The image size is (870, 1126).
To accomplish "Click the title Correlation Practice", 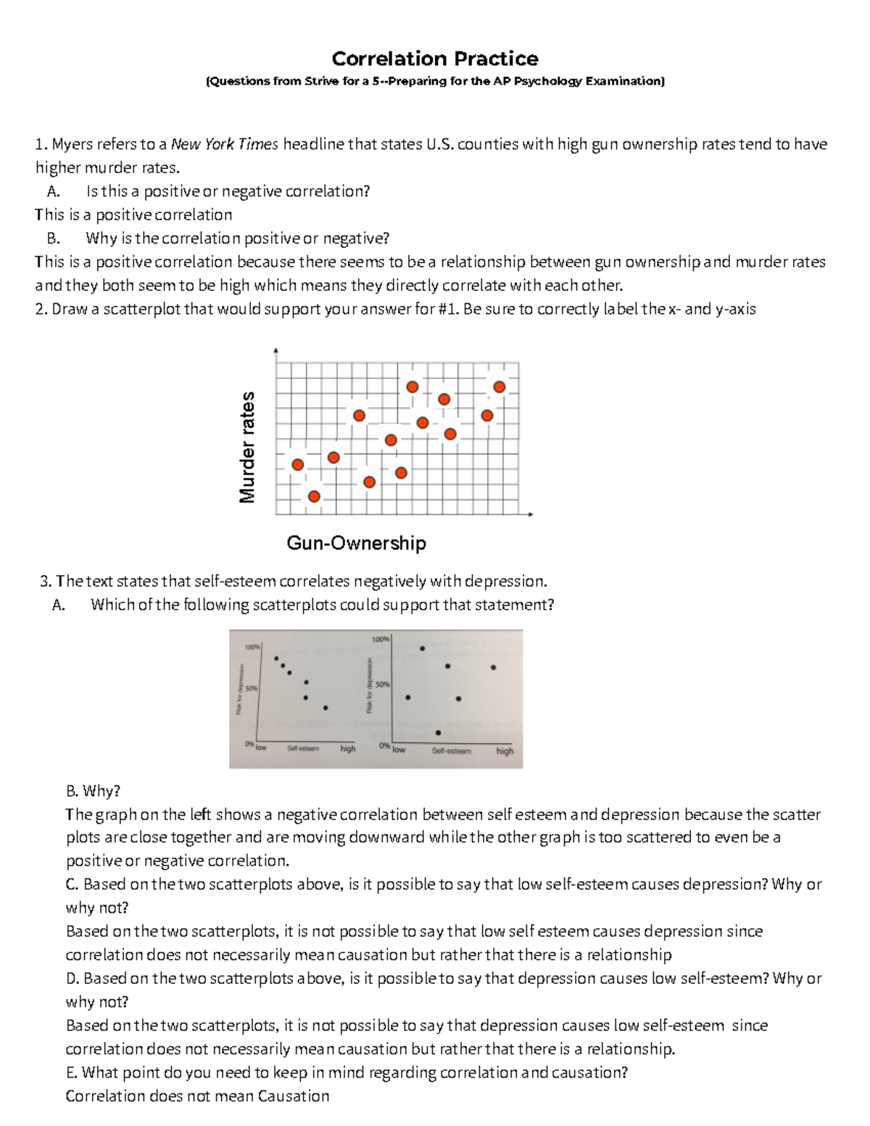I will pyautogui.click(x=434, y=58).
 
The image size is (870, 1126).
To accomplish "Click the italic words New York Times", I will pyautogui.click(x=224, y=144).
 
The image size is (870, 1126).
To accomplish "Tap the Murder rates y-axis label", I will pyautogui.click(x=248, y=447).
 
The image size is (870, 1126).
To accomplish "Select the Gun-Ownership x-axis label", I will pyautogui.click(x=356, y=542).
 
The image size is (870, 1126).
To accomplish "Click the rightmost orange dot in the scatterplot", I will pyautogui.click(x=500, y=387).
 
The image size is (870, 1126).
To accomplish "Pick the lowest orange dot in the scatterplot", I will pyautogui.click(x=314, y=496).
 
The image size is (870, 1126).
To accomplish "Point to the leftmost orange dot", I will pyautogui.click(x=297, y=465).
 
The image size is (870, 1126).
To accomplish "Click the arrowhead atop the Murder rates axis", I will pyautogui.click(x=275, y=351).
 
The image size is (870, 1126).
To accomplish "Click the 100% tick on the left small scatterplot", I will pyautogui.click(x=252, y=647).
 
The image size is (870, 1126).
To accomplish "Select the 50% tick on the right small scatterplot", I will pyautogui.click(x=383, y=684).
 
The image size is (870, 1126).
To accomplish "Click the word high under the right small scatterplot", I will pyautogui.click(x=505, y=751).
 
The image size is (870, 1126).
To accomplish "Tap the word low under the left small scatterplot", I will pyautogui.click(x=261, y=748).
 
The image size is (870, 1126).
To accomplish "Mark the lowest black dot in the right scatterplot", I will pyautogui.click(x=438, y=732).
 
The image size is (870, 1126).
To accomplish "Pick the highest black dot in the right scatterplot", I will pyautogui.click(x=423, y=648).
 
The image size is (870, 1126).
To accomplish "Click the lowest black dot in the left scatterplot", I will pyautogui.click(x=326, y=708).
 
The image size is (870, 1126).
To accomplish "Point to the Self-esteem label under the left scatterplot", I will pyautogui.click(x=302, y=748).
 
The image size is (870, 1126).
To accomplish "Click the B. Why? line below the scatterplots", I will pyautogui.click(x=93, y=790).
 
